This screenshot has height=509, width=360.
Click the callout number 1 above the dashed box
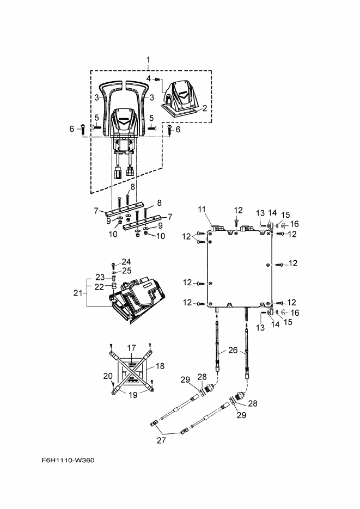[x=148, y=60]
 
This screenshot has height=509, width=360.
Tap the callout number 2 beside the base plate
[x=205, y=108]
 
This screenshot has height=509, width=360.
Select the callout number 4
[x=148, y=78]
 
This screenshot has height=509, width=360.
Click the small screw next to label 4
[x=157, y=79]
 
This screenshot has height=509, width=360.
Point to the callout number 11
[x=202, y=210]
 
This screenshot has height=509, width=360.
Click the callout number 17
[x=131, y=348]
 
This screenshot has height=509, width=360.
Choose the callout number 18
[x=160, y=366]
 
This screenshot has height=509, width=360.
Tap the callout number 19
[x=133, y=395]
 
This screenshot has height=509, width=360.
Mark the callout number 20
[x=108, y=376]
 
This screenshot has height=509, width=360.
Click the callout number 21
[x=78, y=293]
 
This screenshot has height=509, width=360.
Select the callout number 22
[x=99, y=287]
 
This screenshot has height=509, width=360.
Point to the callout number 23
[x=100, y=277]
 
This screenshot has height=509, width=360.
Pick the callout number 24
[x=126, y=262]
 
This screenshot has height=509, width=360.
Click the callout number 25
[x=127, y=270]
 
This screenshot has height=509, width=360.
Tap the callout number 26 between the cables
[x=233, y=350]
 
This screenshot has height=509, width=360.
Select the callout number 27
[x=161, y=440]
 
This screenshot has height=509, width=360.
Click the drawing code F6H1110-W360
[x=68, y=461]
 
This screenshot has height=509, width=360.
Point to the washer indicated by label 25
[x=114, y=272]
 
